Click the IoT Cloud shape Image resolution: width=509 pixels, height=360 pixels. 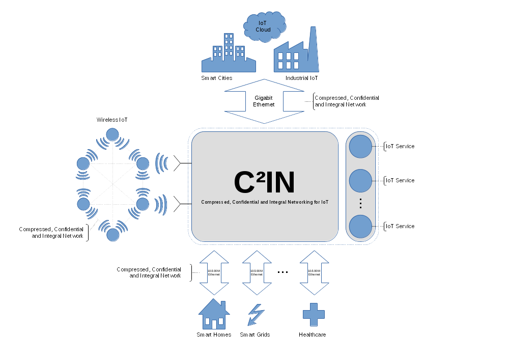[264, 26]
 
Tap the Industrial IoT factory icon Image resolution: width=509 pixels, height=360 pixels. [296, 53]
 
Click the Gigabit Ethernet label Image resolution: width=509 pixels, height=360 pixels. [264, 101]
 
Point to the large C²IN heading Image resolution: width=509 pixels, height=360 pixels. [264, 182]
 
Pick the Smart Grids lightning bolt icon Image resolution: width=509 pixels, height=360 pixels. [256, 315]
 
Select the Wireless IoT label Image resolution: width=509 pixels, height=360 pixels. [112, 120]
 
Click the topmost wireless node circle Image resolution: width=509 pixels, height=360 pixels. [112, 135]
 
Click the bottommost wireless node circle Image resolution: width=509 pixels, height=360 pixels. [113, 234]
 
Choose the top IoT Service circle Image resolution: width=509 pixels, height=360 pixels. [361, 146]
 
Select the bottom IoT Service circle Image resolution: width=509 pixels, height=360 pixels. [361, 226]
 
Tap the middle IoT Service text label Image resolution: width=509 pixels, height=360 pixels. [400, 180]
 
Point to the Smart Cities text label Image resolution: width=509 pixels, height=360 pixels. [217, 78]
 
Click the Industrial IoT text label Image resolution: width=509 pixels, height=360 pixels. [301, 78]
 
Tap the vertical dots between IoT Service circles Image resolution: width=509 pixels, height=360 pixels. [360, 203]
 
